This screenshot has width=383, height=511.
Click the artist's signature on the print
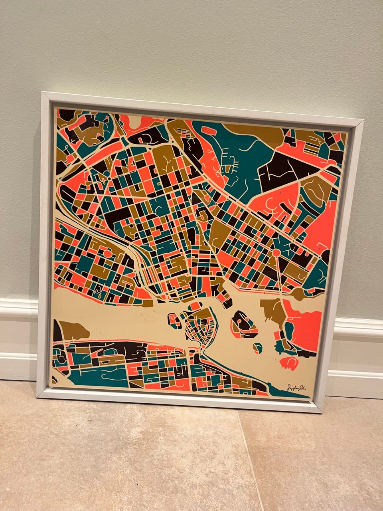297,388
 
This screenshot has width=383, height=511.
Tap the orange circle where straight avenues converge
276,253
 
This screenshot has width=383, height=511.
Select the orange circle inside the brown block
108,253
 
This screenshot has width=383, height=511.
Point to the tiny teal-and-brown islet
258,348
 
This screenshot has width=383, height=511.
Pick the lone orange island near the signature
290,362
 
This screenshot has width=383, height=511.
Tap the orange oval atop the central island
196,307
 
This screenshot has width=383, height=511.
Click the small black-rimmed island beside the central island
174,320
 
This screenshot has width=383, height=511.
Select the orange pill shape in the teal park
211,130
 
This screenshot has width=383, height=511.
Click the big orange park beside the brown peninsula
307,323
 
